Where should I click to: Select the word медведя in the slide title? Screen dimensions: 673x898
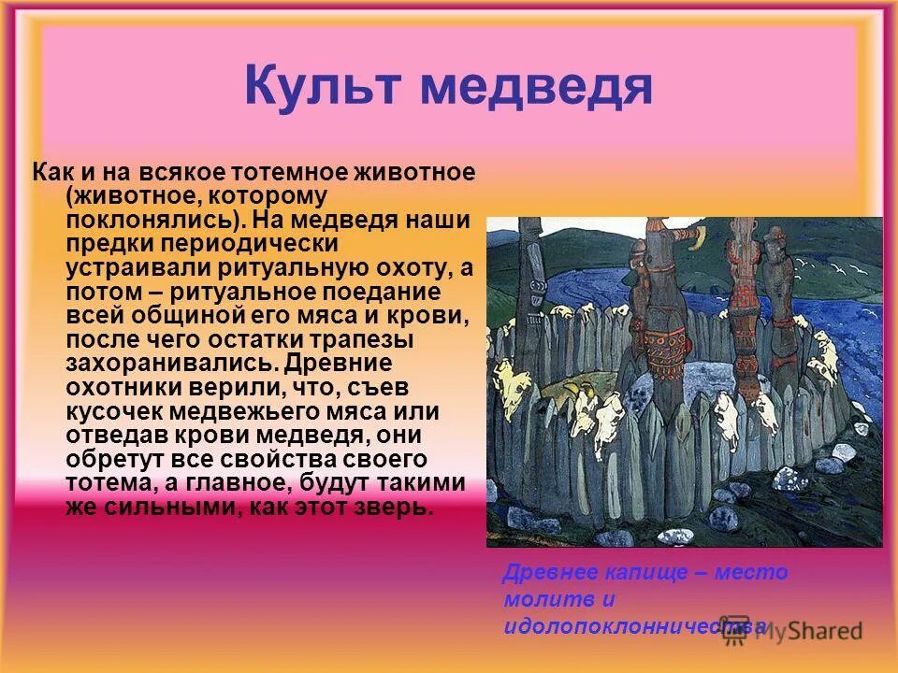click(535, 86)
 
